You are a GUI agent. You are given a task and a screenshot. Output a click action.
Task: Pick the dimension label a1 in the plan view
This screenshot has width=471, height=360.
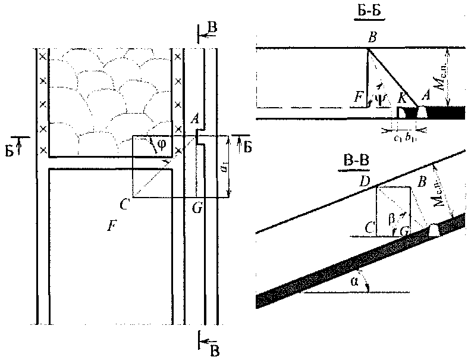click(x=223, y=168)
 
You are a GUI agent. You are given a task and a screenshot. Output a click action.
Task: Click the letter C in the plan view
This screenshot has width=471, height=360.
click(x=124, y=205)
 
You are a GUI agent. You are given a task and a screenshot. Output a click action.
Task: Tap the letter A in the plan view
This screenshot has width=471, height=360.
click(x=193, y=120)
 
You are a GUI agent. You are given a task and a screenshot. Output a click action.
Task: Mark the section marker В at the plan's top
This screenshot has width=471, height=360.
click(x=212, y=27)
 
